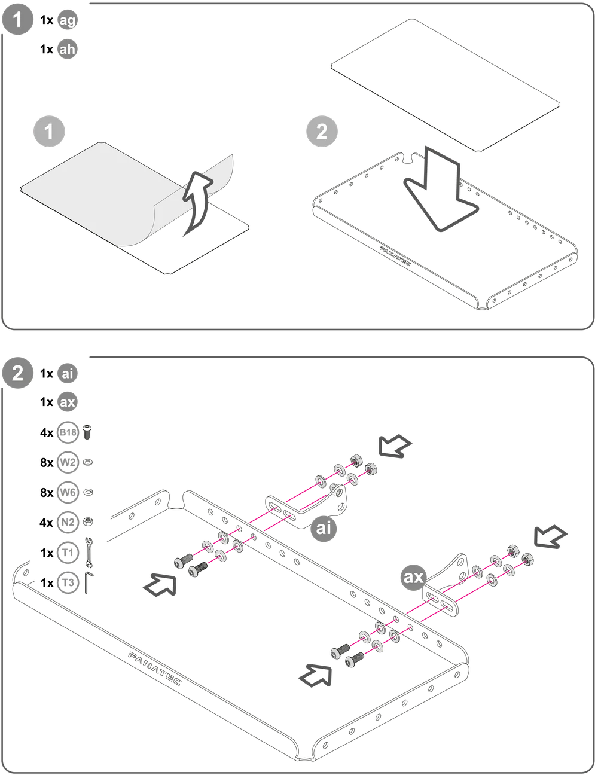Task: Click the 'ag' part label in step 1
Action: (68, 20)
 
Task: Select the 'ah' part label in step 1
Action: (68, 49)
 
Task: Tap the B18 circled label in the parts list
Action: (68, 432)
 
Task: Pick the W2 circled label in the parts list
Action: (68, 463)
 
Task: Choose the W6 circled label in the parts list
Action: (68, 493)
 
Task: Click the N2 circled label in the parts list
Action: (68, 523)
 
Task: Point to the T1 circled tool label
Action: (68, 553)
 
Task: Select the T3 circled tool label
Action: (68, 583)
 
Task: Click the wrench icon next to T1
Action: (89, 553)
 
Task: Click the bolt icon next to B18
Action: (87, 432)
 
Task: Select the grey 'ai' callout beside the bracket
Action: (324, 528)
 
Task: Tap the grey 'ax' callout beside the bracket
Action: (414, 576)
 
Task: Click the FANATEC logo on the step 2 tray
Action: (154, 669)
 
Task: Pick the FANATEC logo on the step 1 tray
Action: (395, 256)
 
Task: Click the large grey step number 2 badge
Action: (17, 373)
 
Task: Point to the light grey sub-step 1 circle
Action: (49, 131)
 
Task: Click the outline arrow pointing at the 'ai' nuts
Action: (395, 446)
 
